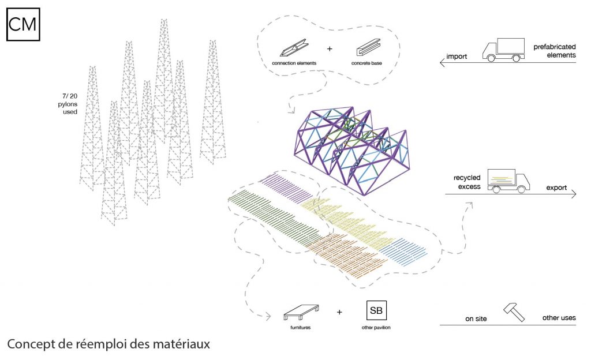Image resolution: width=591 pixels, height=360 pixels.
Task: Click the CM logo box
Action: click(23, 25)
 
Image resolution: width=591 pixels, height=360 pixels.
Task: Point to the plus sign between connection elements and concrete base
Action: click(330, 48)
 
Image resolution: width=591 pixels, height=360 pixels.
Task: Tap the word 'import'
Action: click(455, 57)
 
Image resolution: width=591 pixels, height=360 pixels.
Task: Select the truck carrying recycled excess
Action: click(508, 180)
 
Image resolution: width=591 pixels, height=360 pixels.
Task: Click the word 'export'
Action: click(556, 188)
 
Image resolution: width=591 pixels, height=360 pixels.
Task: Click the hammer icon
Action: click(513, 312)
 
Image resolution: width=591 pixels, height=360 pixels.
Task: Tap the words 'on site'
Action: click(477, 318)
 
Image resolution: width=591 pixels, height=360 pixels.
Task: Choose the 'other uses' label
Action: click(559, 318)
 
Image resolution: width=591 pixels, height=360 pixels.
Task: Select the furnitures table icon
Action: click(302, 313)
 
